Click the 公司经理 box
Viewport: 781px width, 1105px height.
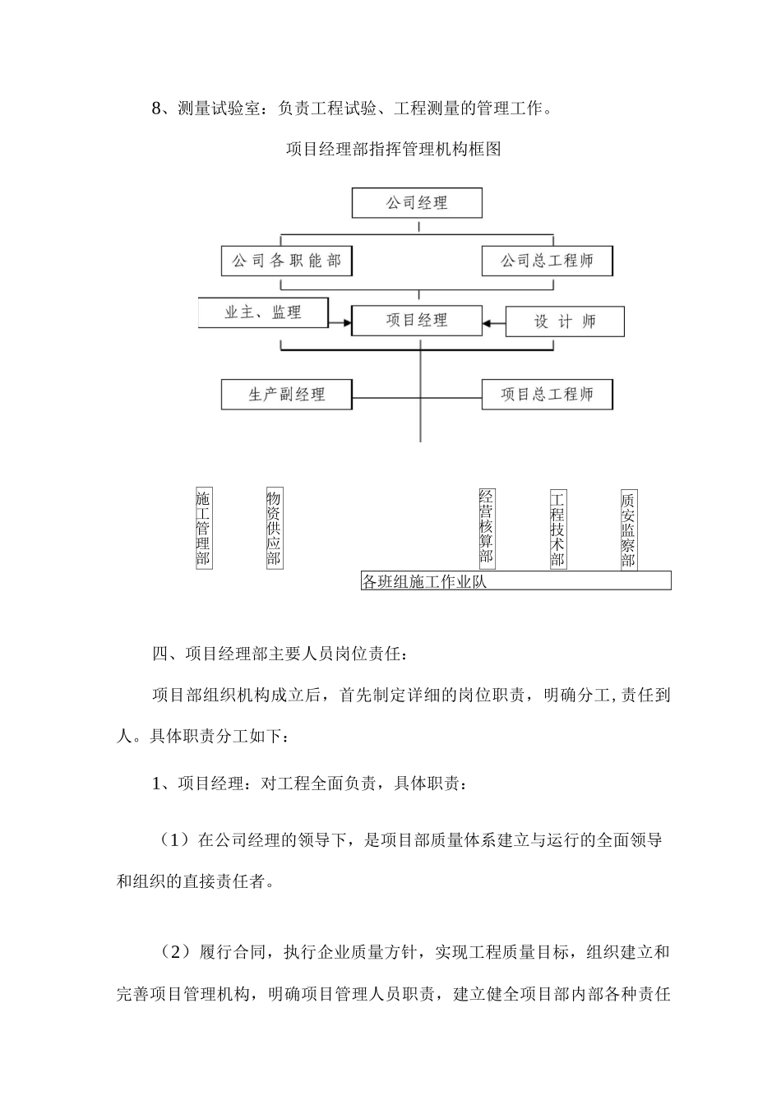417,203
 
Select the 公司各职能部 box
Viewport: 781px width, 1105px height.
286,261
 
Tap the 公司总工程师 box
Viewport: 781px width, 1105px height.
547,261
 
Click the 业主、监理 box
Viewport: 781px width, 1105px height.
263,312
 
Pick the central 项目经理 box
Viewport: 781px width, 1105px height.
417,320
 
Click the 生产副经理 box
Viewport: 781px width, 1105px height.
286,395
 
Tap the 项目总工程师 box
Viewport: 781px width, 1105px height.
547,395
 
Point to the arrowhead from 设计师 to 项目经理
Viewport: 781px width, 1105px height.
488,324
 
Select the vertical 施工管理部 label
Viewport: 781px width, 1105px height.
203,529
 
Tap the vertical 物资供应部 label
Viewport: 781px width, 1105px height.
274,529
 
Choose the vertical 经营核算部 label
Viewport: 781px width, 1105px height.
486,529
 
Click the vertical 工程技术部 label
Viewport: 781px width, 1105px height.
557,529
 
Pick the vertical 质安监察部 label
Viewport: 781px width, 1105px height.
628,529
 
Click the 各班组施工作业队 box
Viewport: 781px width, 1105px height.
515,581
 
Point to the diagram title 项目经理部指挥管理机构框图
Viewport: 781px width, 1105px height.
393,149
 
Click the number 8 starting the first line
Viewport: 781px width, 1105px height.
157,108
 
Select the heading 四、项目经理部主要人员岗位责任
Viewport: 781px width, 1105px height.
279,654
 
